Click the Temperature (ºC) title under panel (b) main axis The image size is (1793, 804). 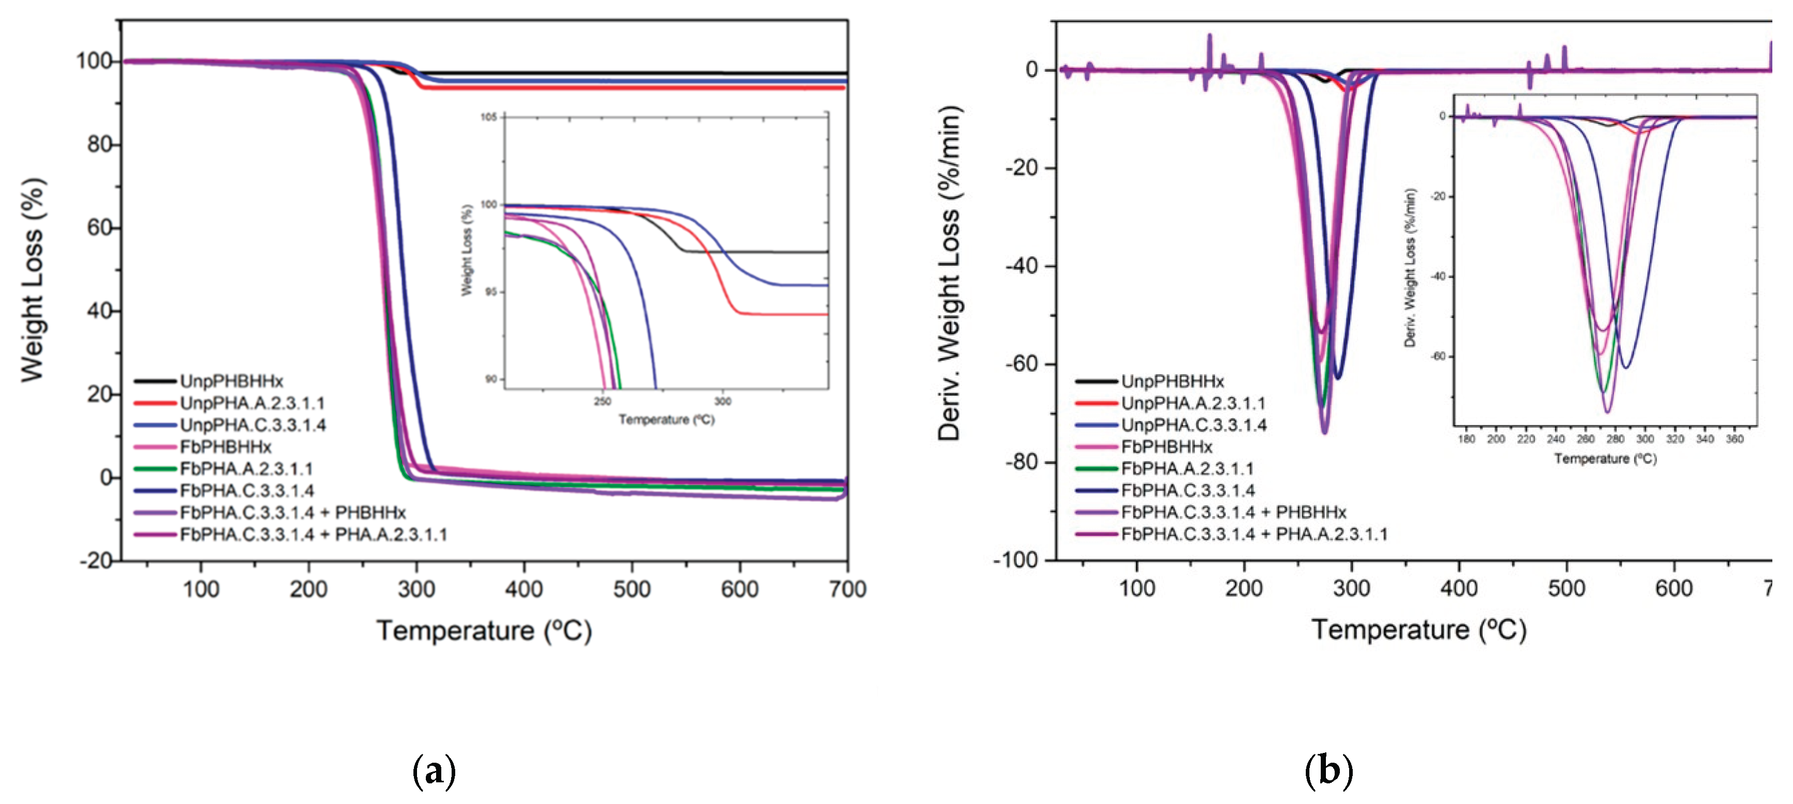coord(1418,631)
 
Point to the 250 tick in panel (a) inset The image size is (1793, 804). coord(602,401)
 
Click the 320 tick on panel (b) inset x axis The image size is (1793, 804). coord(1675,439)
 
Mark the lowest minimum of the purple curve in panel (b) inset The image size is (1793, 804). coord(1607,412)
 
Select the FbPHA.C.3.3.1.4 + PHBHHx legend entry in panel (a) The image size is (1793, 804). coord(292,513)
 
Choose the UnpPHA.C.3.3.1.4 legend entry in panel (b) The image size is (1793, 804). coord(1193,425)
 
